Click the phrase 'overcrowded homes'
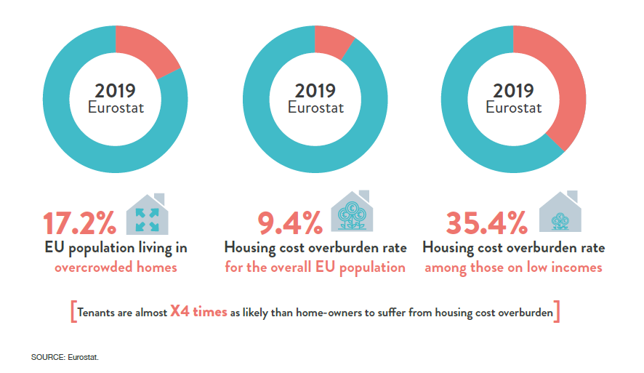pos(116,267)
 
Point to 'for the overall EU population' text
pos(315,267)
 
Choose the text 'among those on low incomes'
pos(513,267)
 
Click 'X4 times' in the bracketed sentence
pos(198,313)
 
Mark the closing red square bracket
pos(558,313)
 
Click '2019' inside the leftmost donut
pos(115,91)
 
